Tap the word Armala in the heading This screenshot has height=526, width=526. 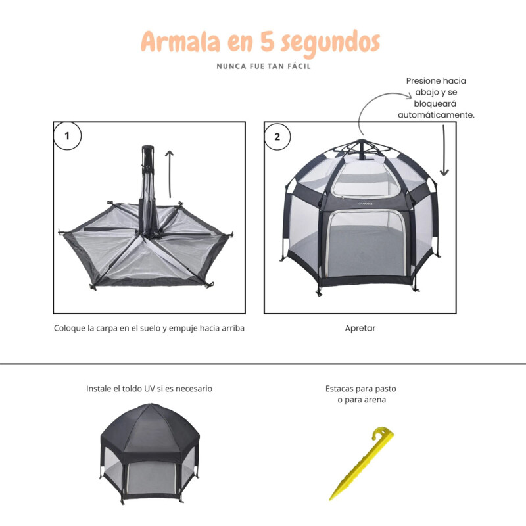[180, 41]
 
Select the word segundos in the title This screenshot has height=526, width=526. [331, 43]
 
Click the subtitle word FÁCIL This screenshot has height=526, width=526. [299, 66]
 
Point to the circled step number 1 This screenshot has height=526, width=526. [67, 136]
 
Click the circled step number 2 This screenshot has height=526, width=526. [277, 137]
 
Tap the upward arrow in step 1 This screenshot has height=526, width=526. [170, 174]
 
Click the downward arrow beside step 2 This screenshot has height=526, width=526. [444, 151]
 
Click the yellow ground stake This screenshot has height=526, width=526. [362, 464]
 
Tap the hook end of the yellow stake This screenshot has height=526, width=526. [382, 433]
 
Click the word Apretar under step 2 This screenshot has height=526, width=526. [360, 328]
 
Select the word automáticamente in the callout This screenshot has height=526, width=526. [436, 115]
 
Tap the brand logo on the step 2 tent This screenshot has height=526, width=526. [365, 203]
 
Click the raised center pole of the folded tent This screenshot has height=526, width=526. [148, 188]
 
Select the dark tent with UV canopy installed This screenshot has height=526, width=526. [150, 454]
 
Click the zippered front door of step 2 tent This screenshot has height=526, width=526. [368, 243]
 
